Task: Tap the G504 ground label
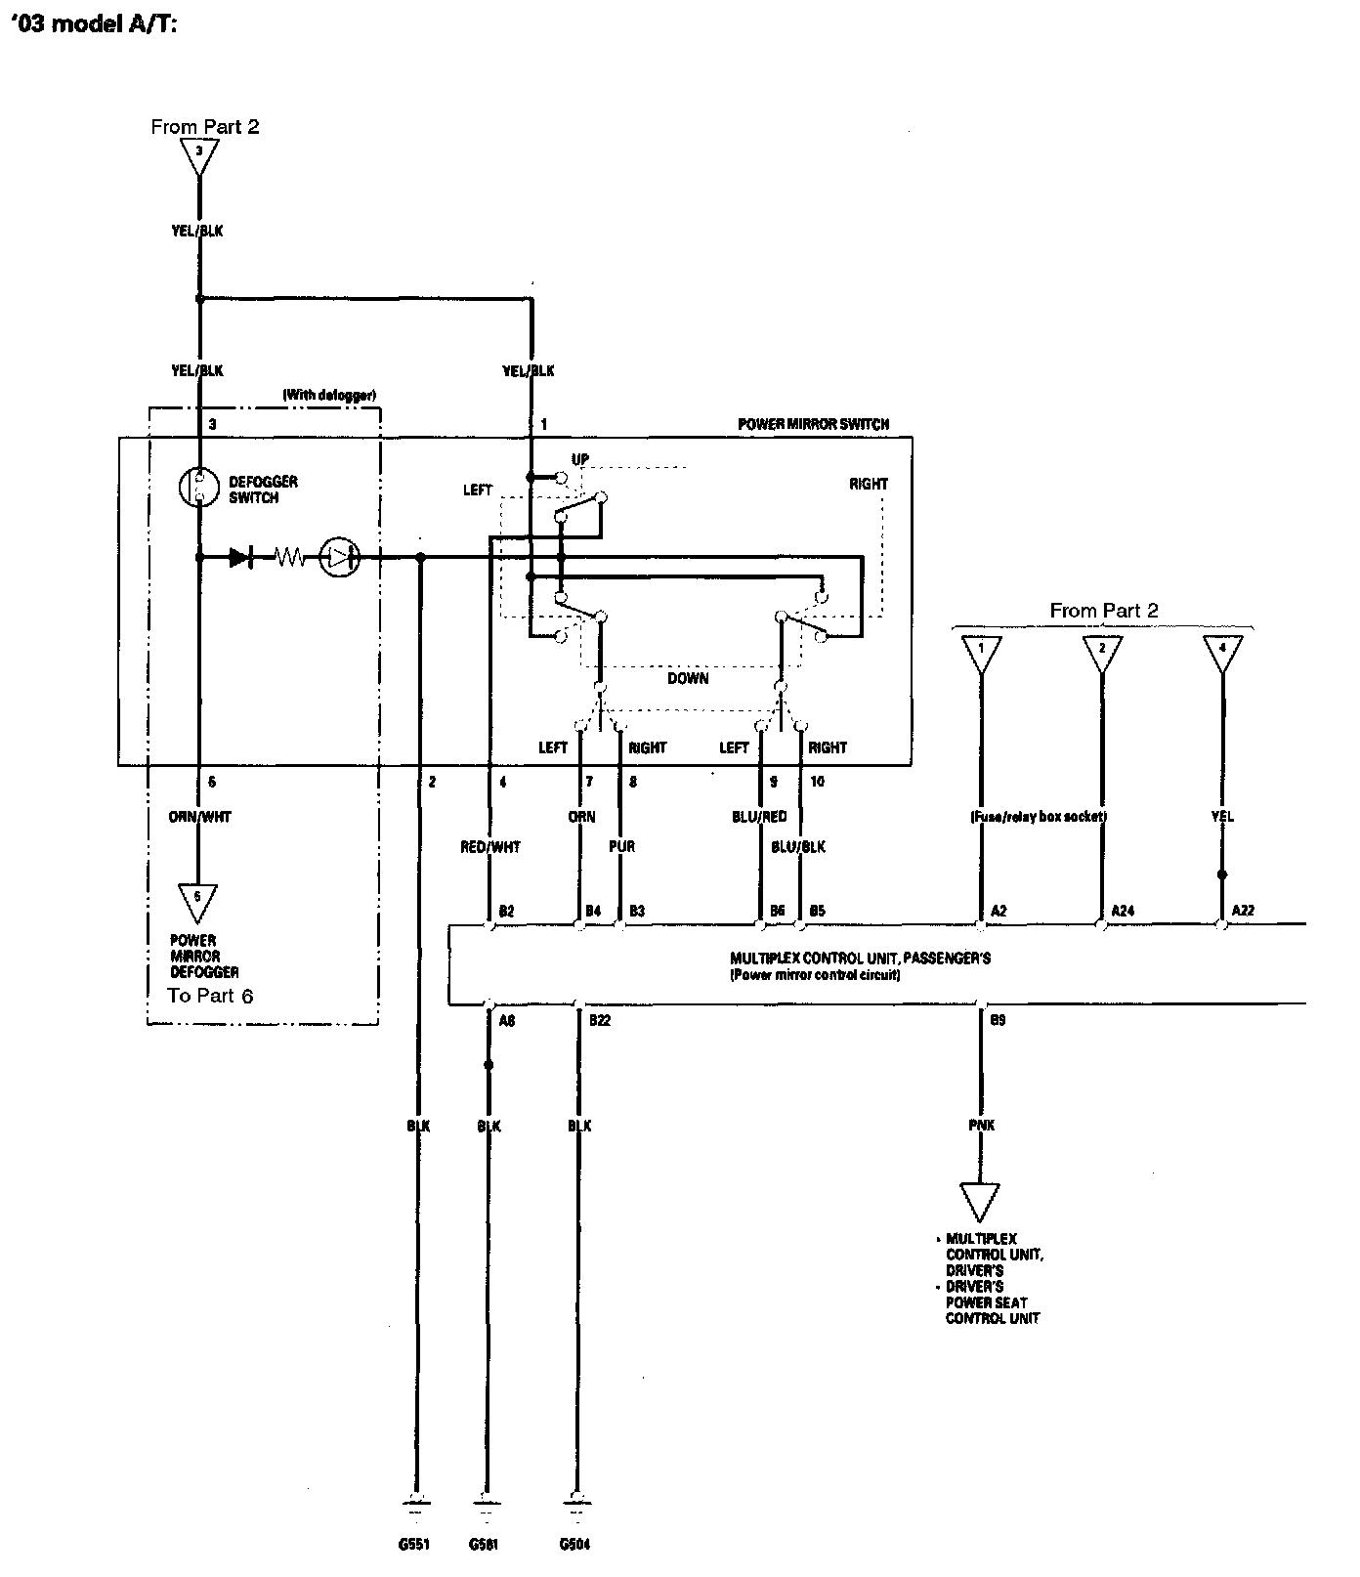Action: click(575, 1545)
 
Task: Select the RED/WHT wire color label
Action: click(490, 847)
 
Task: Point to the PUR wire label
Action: click(621, 846)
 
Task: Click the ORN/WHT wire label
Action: click(199, 817)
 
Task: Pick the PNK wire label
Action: click(981, 1126)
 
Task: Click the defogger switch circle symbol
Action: click(198, 488)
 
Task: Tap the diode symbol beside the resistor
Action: click(239, 558)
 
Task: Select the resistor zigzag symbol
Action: click(289, 558)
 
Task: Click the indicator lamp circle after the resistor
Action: click(339, 558)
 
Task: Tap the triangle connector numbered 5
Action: click(197, 901)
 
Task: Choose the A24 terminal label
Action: click(1123, 911)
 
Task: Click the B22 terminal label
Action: click(600, 1020)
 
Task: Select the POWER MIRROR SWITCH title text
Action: click(813, 424)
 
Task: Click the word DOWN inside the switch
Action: click(688, 678)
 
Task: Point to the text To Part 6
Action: click(211, 996)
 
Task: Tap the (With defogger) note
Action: click(329, 395)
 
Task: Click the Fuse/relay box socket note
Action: click(1039, 817)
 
